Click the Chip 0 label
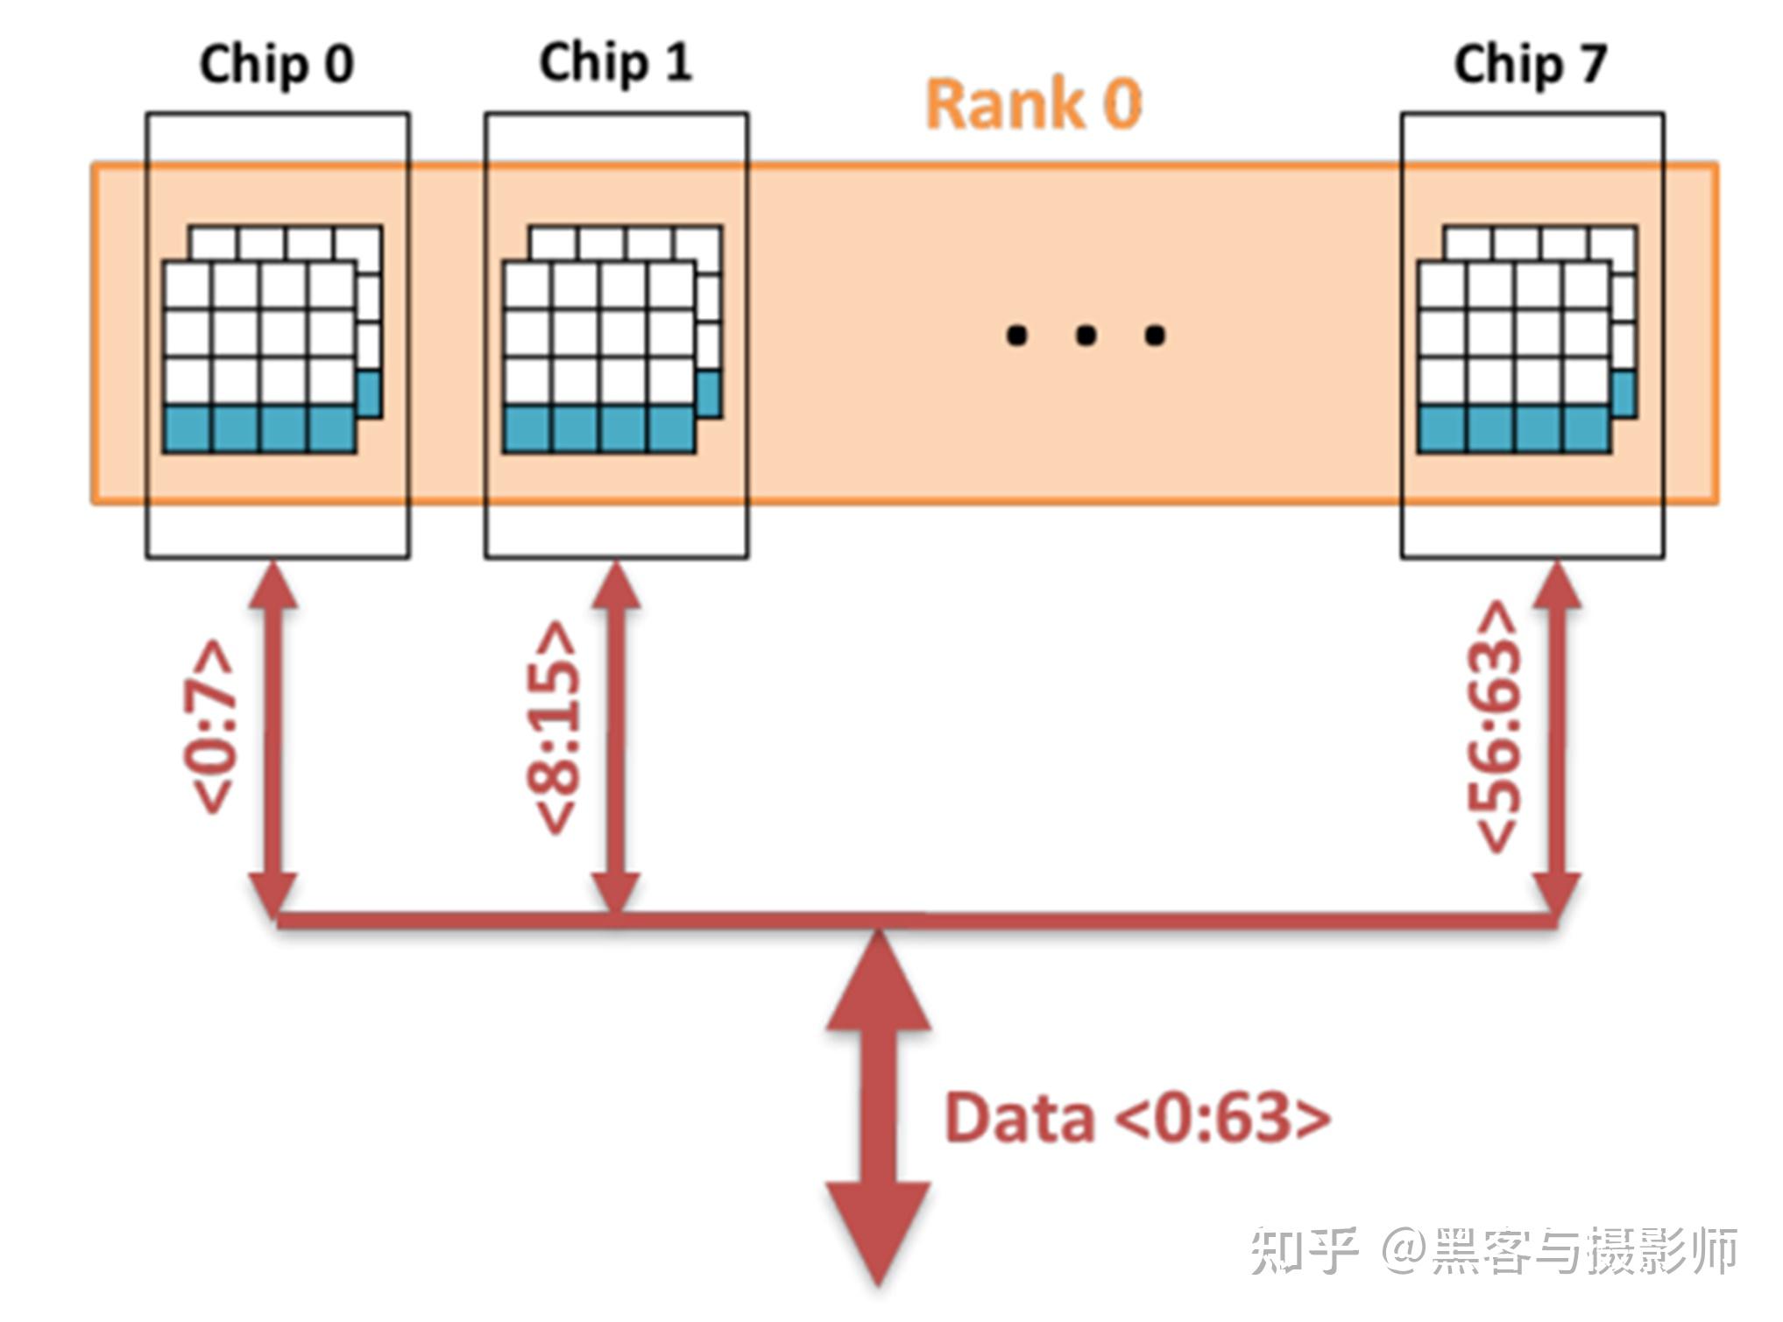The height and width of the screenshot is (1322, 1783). click(276, 65)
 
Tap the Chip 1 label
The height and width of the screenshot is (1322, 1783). click(615, 63)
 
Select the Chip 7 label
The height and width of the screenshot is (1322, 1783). click(1530, 65)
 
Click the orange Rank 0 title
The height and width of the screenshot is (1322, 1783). click(1034, 104)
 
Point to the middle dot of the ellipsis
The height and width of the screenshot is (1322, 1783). click(1086, 335)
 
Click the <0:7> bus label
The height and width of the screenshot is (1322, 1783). click(209, 727)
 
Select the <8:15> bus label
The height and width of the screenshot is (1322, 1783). click(554, 727)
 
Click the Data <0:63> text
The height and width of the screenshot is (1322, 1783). click(1136, 1117)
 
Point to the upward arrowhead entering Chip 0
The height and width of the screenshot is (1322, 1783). click(273, 585)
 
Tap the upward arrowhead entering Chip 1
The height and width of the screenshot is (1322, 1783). click(616, 585)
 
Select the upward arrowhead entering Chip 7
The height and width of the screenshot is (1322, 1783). click(1557, 585)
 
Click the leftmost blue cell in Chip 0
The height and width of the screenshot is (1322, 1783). click(187, 429)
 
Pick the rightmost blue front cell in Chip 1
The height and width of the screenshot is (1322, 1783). click(671, 429)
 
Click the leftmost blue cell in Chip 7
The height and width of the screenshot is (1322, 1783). click(1442, 429)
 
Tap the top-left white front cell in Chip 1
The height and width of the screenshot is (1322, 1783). click(527, 286)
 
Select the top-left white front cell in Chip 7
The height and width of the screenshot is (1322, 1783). click(1442, 286)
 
